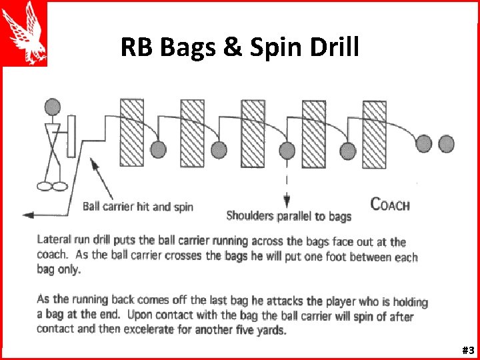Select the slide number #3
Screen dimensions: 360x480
[467, 350]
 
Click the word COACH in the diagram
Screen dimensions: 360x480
[390, 205]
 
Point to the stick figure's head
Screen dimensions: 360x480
[52, 107]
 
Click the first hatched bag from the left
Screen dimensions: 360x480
[131, 133]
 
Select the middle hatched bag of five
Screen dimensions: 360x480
[253, 133]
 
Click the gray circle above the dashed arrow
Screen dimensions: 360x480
[287, 150]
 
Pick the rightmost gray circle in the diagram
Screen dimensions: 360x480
[446, 143]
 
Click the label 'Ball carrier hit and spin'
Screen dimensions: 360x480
[138, 206]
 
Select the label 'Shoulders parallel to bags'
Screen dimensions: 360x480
[289, 215]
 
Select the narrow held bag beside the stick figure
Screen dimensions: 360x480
[71, 137]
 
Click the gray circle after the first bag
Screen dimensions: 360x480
[158, 149]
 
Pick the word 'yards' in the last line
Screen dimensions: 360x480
[271, 331]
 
